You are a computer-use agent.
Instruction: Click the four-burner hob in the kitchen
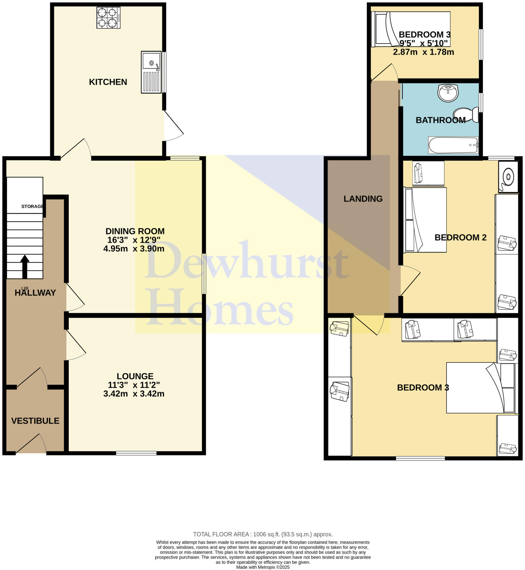pyautogui.click(x=108, y=18)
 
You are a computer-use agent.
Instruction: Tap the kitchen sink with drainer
pyautogui.click(x=151, y=72)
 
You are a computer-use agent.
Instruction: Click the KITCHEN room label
pyautogui.click(x=108, y=82)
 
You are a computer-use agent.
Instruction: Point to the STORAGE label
pyautogui.click(x=32, y=206)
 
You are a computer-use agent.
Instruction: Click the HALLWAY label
pyautogui.click(x=35, y=293)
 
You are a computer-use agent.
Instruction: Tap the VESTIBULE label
pyautogui.click(x=35, y=421)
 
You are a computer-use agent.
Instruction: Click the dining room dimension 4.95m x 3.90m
pyautogui.click(x=134, y=248)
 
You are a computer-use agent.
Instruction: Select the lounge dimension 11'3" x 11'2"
pyautogui.click(x=134, y=385)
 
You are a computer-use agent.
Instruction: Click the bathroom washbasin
pyautogui.click(x=448, y=93)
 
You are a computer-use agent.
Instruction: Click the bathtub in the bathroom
pyautogui.click(x=453, y=145)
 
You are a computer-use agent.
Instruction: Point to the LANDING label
pyautogui.click(x=363, y=199)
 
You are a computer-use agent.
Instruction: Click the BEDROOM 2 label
pyautogui.click(x=460, y=237)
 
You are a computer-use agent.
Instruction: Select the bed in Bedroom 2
pyautogui.click(x=425, y=220)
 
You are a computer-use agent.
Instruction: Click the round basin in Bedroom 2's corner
pyautogui.click(x=508, y=177)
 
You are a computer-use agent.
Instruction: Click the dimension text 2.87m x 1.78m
pyautogui.click(x=423, y=52)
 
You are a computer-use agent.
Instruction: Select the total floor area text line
pyautogui.click(x=263, y=534)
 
